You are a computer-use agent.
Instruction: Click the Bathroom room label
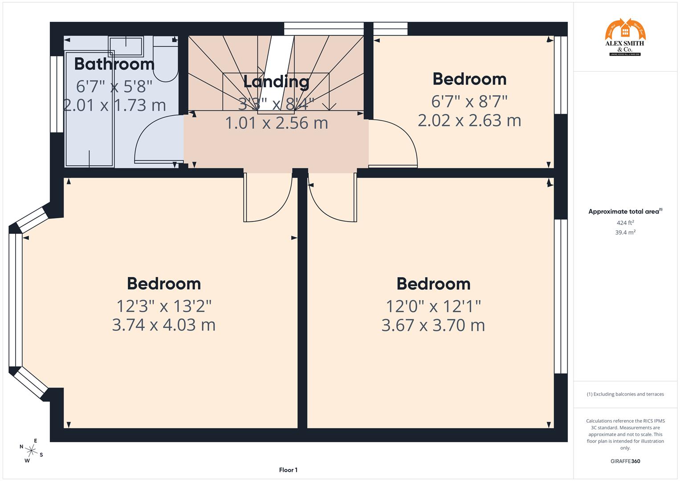(114, 64)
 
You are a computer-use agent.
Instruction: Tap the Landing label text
(276, 82)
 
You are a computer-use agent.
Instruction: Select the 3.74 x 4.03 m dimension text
(163, 325)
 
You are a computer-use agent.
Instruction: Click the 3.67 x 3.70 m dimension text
(433, 326)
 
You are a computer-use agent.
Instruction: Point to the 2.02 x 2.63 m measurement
(469, 121)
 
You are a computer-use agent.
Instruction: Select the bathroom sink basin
(126, 46)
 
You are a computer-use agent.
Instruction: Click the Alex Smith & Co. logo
(625, 37)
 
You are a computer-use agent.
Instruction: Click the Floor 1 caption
(288, 470)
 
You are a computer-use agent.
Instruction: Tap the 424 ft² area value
(625, 223)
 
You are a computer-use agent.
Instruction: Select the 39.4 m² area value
(625, 232)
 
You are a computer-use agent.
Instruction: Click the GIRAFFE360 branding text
(625, 461)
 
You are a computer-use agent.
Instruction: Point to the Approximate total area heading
(625, 212)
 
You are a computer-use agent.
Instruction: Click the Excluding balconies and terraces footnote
(625, 394)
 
